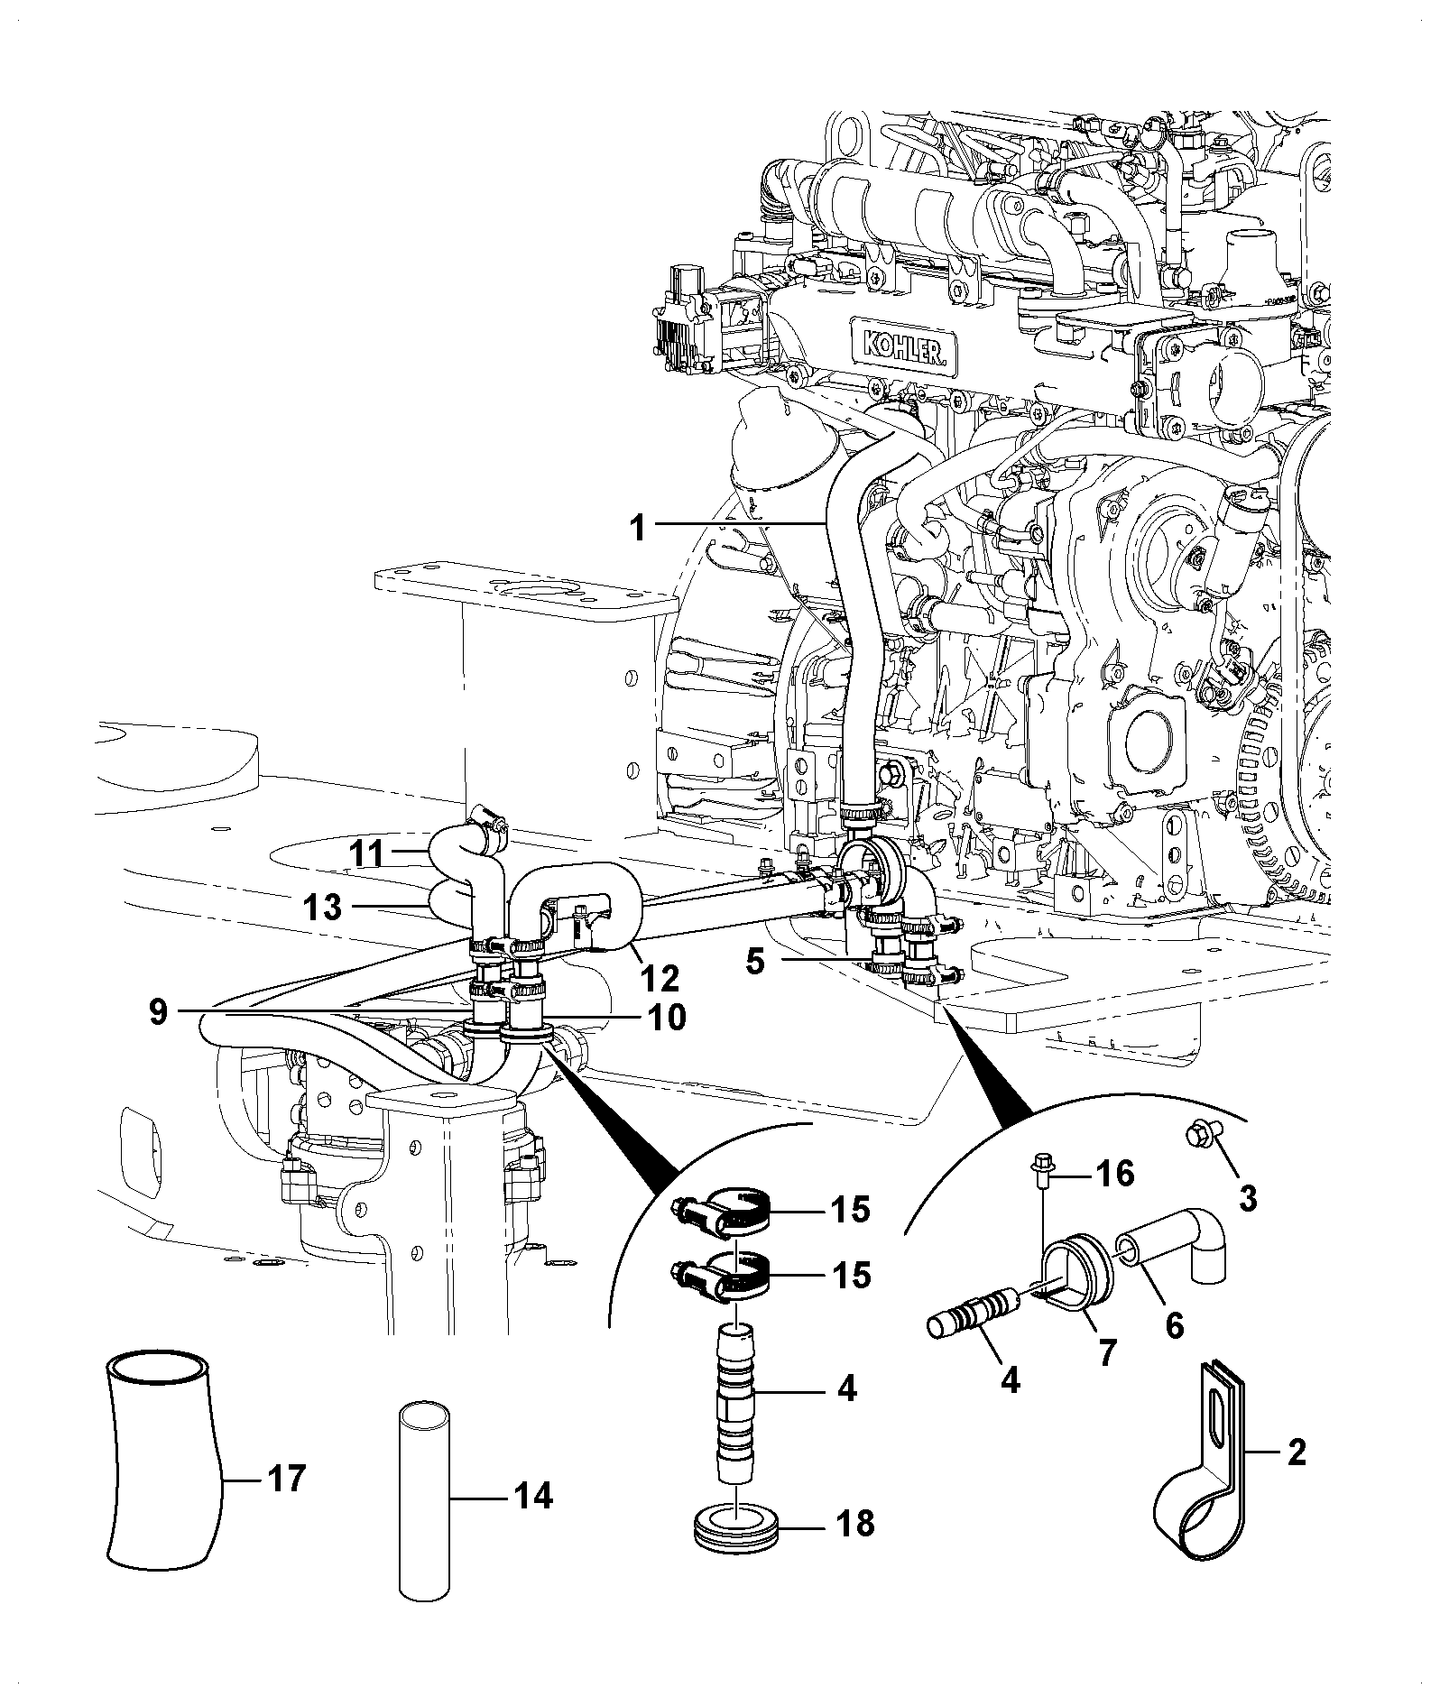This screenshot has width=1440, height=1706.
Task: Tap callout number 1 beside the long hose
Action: point(638,527)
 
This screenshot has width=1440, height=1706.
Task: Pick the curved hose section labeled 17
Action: point(162,1471)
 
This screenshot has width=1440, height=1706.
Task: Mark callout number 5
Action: point(754,962)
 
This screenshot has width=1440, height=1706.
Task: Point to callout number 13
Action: point(322,907)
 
